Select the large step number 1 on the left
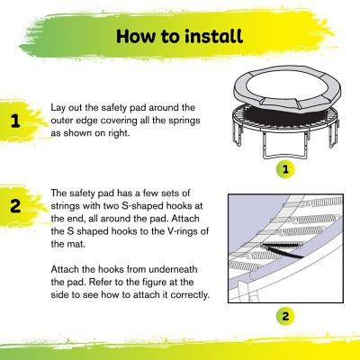tap(15, 121)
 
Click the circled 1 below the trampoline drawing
tap(284, 168)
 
